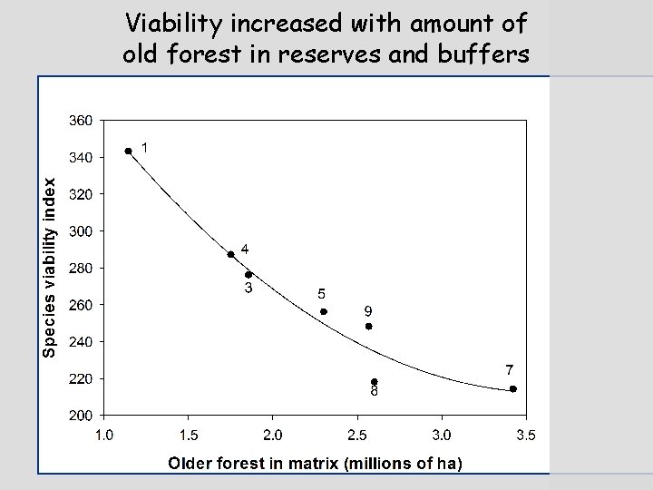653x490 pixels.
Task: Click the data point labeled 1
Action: pyautogui.click(x=129, y=152)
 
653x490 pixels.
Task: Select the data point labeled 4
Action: pyautogui.click(x=231, y=254)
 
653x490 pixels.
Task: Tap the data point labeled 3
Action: pyautogui.click(x=249, y=275)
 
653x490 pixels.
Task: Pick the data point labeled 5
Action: pyautogui.click(x=324, y=311)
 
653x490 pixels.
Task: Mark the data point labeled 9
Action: pyautogui.click(x=369, y=326)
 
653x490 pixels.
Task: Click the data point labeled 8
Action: pyautogui.click(x=375, y=382)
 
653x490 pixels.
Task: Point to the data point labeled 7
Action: pyautogui.click(x=513, y=388)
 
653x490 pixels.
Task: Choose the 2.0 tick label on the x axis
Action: pyautogui.click(x=272, y=436)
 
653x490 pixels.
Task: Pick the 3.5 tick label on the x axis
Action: pyautogui.click(x=526, y=436)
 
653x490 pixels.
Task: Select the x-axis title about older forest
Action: pyautogui.click(x=315, y=464)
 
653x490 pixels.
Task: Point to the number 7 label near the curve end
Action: pyautogui.click(x=510, y=369)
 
